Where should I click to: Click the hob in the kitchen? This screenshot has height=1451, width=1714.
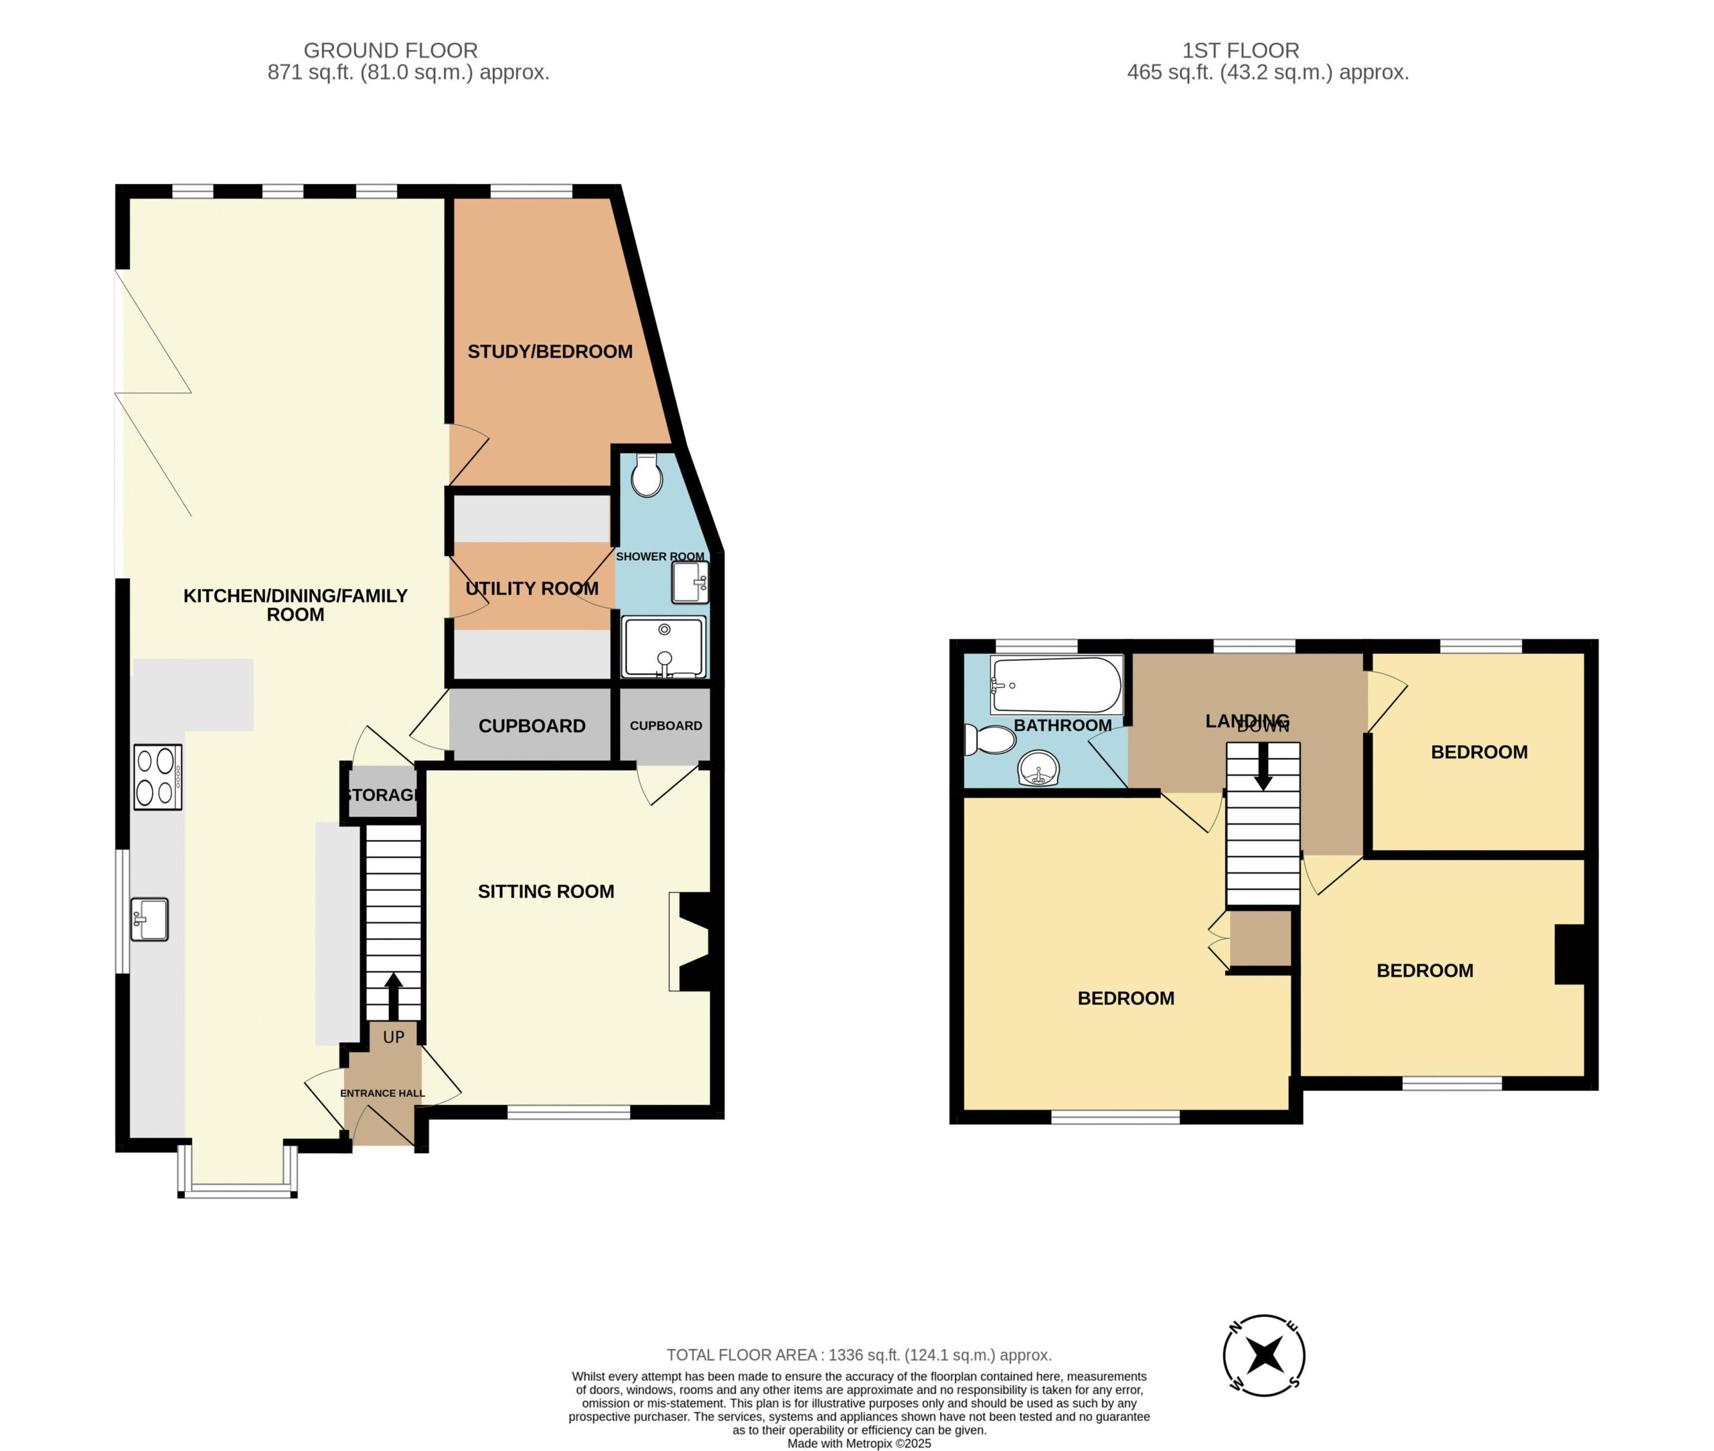pyautogui.click(x=158, y=777)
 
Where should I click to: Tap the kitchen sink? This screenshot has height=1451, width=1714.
pyautogui.click(x=149, y=919)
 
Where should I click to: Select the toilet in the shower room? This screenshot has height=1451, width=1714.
pyautogui.click(x=647, y=475)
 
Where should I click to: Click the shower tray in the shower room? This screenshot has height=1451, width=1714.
pyautogui.click(x=664, y=647)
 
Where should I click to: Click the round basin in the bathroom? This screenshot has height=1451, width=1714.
pyautogui.click(x=1038, y=769)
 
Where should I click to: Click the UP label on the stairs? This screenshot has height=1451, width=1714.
pyautogui.click(x=393, y=1037)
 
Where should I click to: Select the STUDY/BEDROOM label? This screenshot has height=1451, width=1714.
pyautogui.click(x=550, y=352)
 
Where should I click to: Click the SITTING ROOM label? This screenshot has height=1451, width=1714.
pyautogui.click(x=546, y=891)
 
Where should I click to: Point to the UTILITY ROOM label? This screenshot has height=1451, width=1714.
pyautogui.click(x=532, y=589)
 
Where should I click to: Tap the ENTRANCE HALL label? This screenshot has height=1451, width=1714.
pyautogui.click(x=382, y=1093)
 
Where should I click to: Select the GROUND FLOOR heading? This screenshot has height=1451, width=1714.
pyautogui.click(x=391, y=51)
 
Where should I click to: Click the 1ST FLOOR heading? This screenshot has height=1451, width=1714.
pyautogui.click(x=1241, y=51)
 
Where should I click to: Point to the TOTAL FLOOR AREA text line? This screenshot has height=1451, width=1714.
pyautogui.click(x=859, y=1355)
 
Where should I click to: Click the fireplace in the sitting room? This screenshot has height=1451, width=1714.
pyautogui.click(x=690, y=942)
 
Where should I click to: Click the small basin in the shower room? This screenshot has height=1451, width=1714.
pyautogui.click(x=690, y=582)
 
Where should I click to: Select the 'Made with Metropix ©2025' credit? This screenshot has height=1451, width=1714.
pyautogui.click(x=859, y=1443)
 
